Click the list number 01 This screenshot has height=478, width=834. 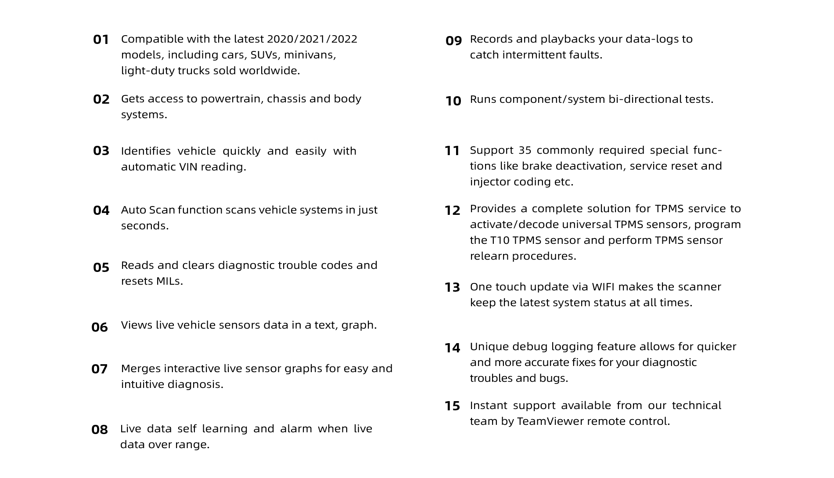(x=101, y=40)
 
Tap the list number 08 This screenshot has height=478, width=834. (x=100, y=430)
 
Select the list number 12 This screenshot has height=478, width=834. (x=453, y=210)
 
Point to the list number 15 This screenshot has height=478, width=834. (x=453, y=406)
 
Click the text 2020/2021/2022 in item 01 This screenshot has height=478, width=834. (x=312, y=39)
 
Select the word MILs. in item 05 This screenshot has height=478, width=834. (x=169, y=281)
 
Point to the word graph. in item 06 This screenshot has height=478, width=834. (x=359, y=326)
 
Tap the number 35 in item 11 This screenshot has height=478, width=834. (x=525, y=150)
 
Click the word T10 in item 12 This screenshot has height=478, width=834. (x=500, y=240)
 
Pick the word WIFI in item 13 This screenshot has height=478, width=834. (x=603, y=287)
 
